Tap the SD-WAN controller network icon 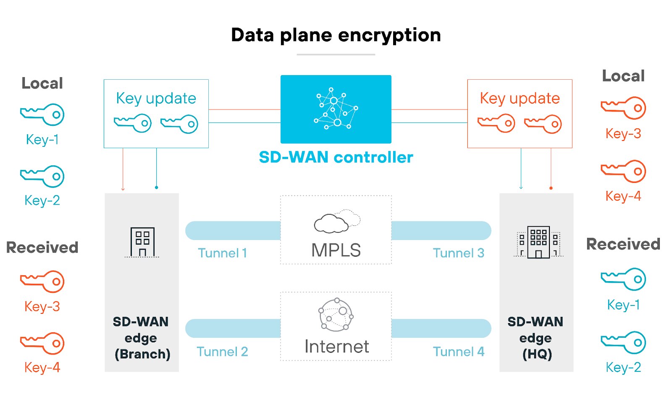pos(336,109)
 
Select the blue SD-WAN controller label pos(336,157)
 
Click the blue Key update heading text pos(156,98)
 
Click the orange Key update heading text pos(520,98)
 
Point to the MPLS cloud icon pos(336,222)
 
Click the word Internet pos(336,347)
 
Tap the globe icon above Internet pos(336,315)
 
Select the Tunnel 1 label pos(222,253)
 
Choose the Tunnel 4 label pos(458,352)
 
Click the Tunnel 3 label pos(458,253)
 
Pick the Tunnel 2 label pos(222,352)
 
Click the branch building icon pos(142,242)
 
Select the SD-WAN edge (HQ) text pos(536,338)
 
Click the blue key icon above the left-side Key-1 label pos(42,115)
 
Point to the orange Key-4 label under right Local pos(623,196)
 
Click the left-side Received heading pos(42,248)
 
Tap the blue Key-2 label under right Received pos(623,368)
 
